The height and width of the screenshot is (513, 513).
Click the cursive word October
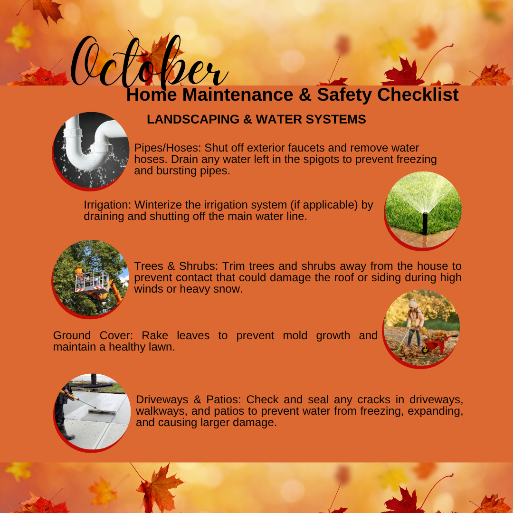[149, 62]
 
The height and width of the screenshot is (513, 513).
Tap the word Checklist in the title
[418, 95]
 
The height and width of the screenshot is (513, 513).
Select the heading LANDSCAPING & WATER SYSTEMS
[256, 119]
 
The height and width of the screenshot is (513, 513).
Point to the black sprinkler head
[425, 223]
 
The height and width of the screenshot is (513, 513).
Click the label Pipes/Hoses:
[168, 148]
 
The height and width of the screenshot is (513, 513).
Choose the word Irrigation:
[107, 205]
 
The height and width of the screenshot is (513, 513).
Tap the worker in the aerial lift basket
[79, 276]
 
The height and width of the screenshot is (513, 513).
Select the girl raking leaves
[414, 324]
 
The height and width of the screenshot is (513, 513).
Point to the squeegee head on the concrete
[102, 411]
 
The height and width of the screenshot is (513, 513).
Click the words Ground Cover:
[93, 336]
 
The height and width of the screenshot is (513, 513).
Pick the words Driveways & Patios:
[188, 400]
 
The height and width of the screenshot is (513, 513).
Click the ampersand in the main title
[305, 95]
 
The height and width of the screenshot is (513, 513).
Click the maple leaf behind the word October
[159, 59]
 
